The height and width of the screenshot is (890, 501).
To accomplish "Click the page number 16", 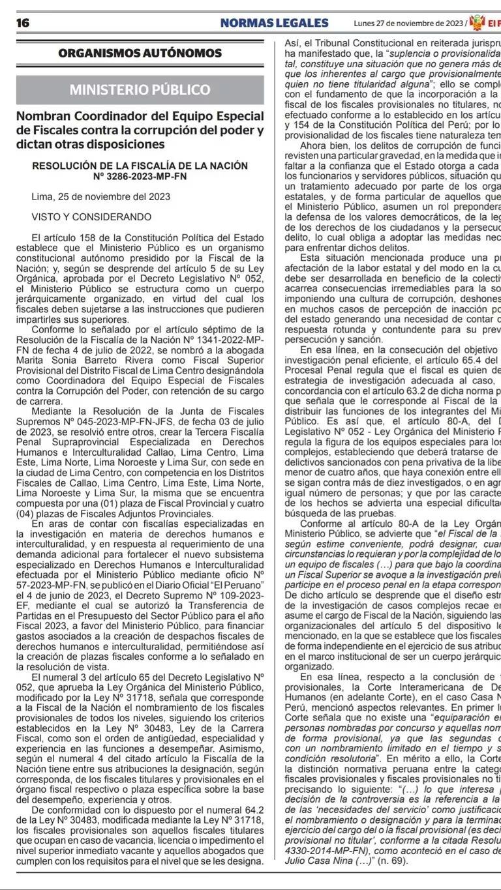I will (x=23, y=23).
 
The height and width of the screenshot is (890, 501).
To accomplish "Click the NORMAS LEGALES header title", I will (x=274, y=23).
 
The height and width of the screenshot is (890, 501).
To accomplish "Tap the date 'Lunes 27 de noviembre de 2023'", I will (x=408, y=23).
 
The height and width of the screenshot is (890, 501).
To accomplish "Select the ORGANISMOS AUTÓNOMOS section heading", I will (x=140, y=53).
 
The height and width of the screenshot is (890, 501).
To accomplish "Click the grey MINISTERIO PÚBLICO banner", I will (x=140, y=90).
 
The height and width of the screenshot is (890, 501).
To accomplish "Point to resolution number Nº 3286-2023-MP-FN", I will (x=140, y=176).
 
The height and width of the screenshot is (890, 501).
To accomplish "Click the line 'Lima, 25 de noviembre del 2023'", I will (x=100, y=196).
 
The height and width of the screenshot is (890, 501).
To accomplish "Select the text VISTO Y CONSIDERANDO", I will (x=91, y=216).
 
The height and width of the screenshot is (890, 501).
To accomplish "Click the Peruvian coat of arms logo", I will (x=478, y=22).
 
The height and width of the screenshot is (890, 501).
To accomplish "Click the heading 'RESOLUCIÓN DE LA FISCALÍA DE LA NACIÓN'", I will (x=140, y=166).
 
